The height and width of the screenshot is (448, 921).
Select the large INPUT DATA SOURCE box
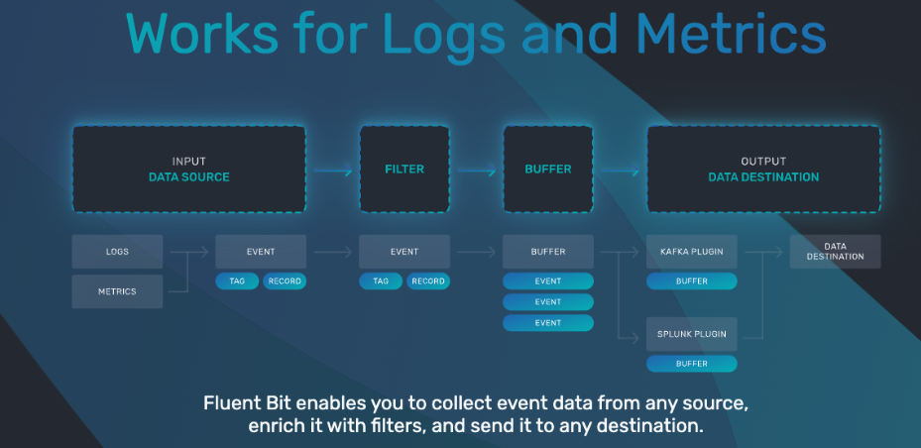tap(188, 168)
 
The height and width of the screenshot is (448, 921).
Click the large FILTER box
tap(403, 168)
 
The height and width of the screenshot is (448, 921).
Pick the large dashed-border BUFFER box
tap(547, 168)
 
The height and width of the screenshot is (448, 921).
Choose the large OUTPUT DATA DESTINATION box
tap(762, 168)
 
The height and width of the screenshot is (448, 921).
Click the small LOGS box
tap(117, 252)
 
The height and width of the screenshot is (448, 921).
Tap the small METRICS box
tap(117, 291)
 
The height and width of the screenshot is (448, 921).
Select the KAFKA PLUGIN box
tap(691, 252)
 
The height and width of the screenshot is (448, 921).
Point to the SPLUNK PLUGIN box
tap(691, 334)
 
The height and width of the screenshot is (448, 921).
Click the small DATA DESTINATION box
tap(835, 252)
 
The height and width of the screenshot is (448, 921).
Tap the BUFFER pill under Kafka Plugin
tap(691, 281)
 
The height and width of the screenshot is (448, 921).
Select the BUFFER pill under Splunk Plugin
tap(691, 364)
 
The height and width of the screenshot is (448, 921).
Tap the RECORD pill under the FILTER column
tap(427, 281)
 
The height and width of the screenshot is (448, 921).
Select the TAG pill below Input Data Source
tap(237, 281)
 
